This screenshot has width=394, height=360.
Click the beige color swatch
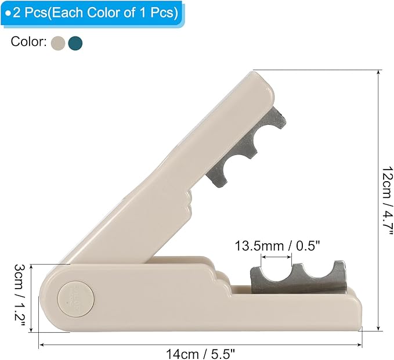click(x=58, y=43)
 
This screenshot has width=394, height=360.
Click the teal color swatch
click(x=75, y=43)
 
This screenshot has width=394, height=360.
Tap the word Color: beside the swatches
click(x=28, y=41)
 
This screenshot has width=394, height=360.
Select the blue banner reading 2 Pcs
click(x=92, y=13)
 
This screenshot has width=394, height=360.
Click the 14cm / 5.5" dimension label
click(x=201, y=354)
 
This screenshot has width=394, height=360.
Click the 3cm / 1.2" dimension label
click(x=19, y=295)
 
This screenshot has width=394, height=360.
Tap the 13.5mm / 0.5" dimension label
click(x=277, y=246)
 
